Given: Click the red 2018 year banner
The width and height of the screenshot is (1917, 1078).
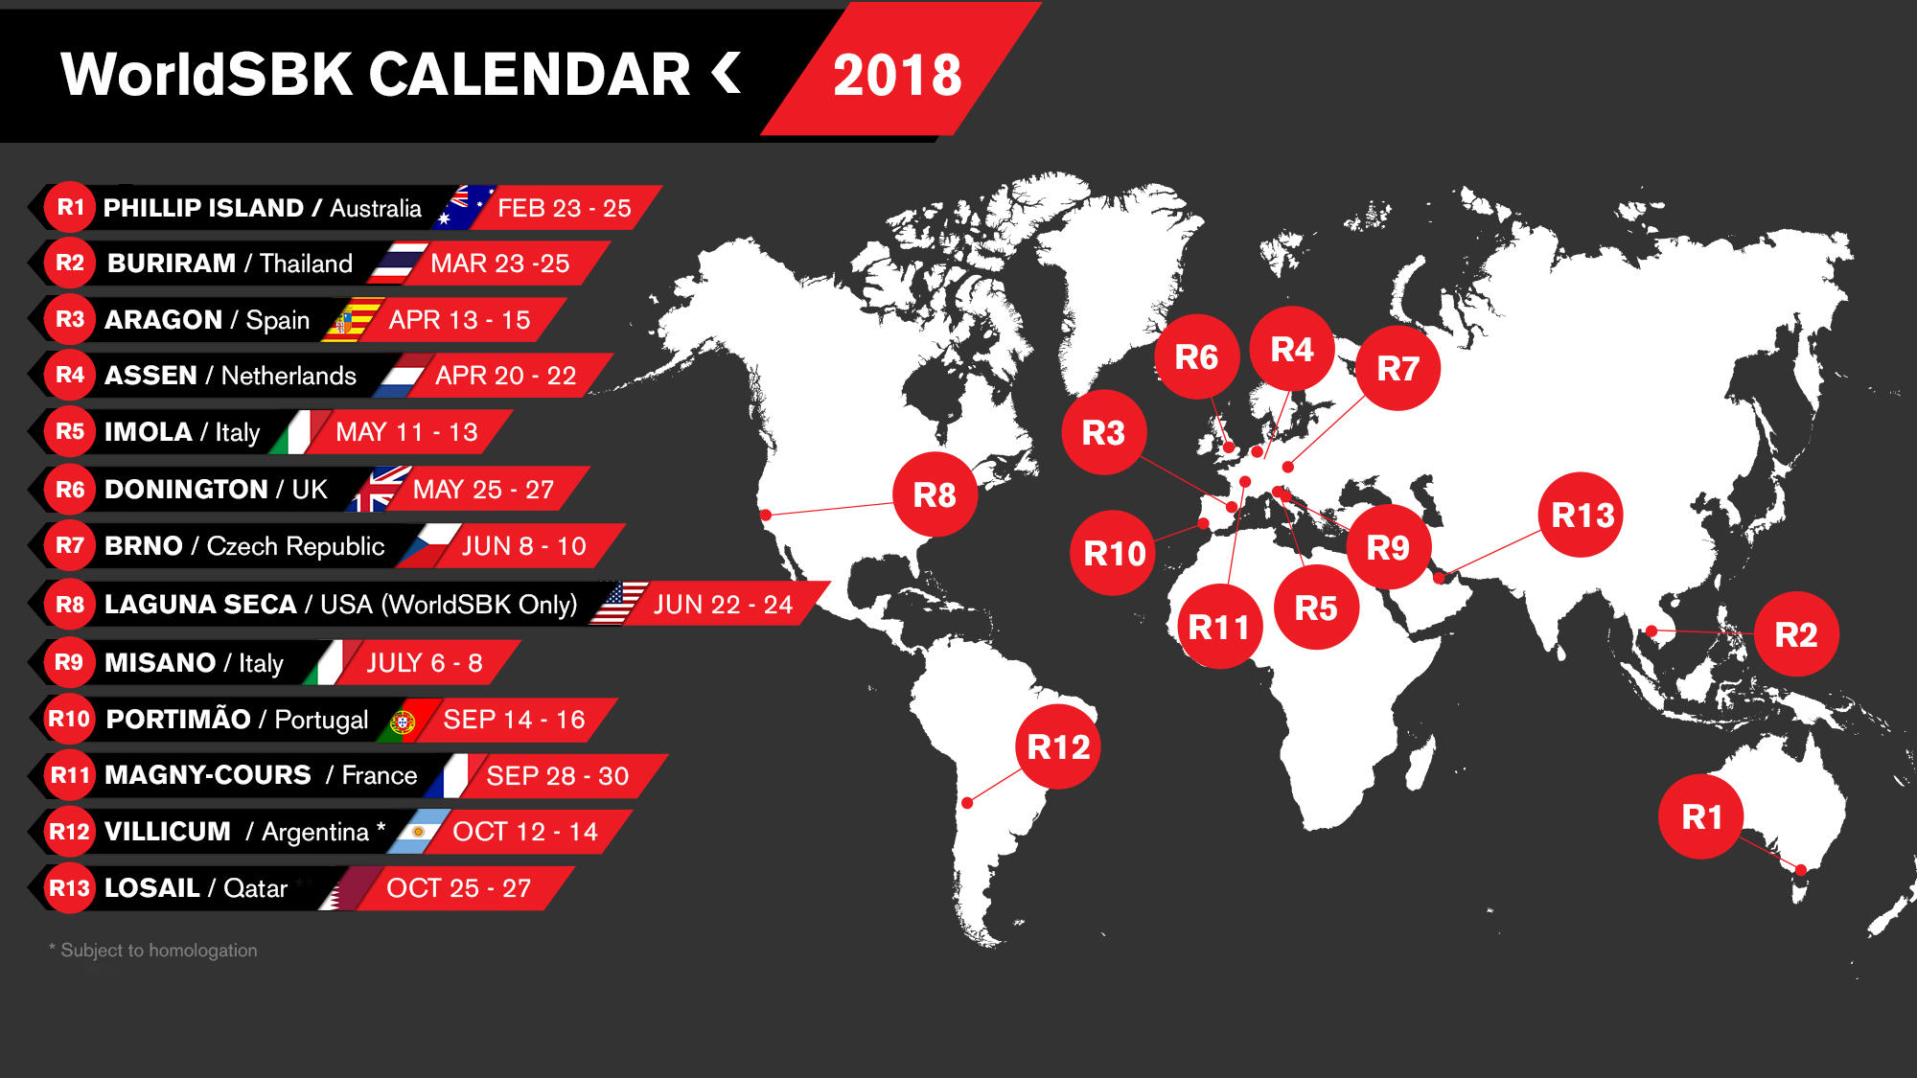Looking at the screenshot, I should tap(897, 75).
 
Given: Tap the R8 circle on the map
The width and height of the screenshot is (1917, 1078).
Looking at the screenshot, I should tap(935, 494).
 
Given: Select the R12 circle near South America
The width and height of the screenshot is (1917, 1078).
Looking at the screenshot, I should tap(1058, 746).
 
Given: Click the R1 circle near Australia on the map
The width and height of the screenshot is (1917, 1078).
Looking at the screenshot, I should tap(1701, 816).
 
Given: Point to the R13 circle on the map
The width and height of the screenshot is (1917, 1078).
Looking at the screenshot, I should tap(1582, 516).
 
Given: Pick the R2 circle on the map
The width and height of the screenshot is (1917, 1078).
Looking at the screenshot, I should tap(1795, 634).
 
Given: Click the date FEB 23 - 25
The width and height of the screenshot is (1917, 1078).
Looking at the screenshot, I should tap(564, 208).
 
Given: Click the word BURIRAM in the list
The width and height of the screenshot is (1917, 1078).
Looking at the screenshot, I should tap(172, 263).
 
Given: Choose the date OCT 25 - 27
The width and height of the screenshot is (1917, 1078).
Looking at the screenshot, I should tap(458, 888).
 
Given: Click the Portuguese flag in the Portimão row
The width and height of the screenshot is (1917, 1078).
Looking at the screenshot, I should tap(404, 721).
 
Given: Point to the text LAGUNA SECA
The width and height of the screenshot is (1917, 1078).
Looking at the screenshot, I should tap(200, 604).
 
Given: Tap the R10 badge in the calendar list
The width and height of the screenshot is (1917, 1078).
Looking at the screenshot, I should tap(69, 719).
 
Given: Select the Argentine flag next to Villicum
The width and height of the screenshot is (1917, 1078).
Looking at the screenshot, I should tap(419, 832).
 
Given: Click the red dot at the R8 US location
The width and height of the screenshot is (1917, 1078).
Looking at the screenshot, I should tap(766, 516).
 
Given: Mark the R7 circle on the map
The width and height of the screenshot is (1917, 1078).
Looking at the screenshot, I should tap(1397, 368).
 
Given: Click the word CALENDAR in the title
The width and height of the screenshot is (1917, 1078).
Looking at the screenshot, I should tap(529, 75).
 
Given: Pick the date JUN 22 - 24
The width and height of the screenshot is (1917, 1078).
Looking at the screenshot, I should tap(723, 605).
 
